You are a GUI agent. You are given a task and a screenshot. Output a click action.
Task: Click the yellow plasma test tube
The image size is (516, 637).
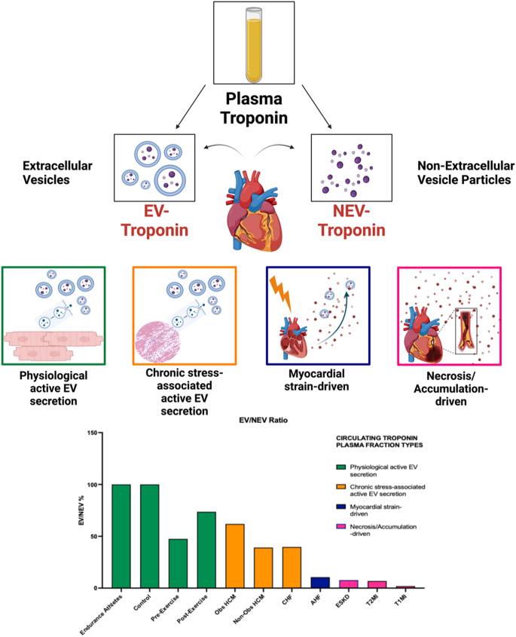coord(254,45)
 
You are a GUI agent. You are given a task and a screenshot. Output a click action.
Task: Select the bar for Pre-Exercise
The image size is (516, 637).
coord(179,563)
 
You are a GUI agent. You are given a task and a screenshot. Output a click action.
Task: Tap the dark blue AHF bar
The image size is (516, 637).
coord(320,583)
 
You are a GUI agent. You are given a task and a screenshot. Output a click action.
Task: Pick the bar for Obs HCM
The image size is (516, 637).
coord(235,556)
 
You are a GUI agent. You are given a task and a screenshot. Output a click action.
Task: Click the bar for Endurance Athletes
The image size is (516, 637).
coord(121,536)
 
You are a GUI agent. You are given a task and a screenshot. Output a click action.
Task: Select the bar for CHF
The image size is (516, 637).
coord(292,568)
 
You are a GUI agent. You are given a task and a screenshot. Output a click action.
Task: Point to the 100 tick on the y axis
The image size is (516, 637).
coord(100,485)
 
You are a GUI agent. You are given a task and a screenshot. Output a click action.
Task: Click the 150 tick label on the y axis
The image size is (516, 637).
coord(92,433)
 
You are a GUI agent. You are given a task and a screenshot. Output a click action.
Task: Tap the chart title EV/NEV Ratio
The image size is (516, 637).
coord(263,420)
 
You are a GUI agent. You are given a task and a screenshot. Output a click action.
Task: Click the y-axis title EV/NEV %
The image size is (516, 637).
coord(81,510)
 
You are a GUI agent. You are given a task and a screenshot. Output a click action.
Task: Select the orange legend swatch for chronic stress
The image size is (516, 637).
coord(341,487)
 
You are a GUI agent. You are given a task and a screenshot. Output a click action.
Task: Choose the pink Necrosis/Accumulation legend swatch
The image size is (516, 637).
coord(341,526)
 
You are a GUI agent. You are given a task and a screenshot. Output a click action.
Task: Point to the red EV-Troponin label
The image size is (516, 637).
coord(154,221)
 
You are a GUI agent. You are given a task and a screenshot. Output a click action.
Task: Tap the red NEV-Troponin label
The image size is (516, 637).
coord(352,221)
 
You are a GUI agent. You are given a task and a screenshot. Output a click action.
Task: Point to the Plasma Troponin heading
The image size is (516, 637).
coord(254,108)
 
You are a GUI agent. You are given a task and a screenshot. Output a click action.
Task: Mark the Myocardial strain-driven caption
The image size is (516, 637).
coord(316,380)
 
